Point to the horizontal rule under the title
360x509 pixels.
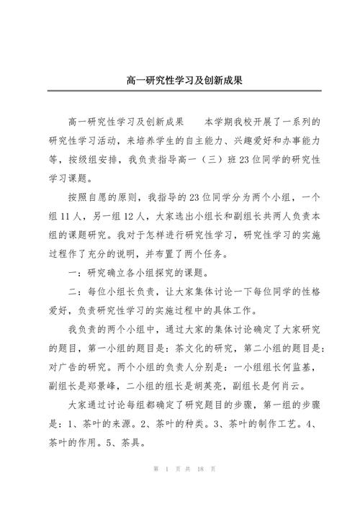(179, 91)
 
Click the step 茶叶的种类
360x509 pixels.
(186, 422)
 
